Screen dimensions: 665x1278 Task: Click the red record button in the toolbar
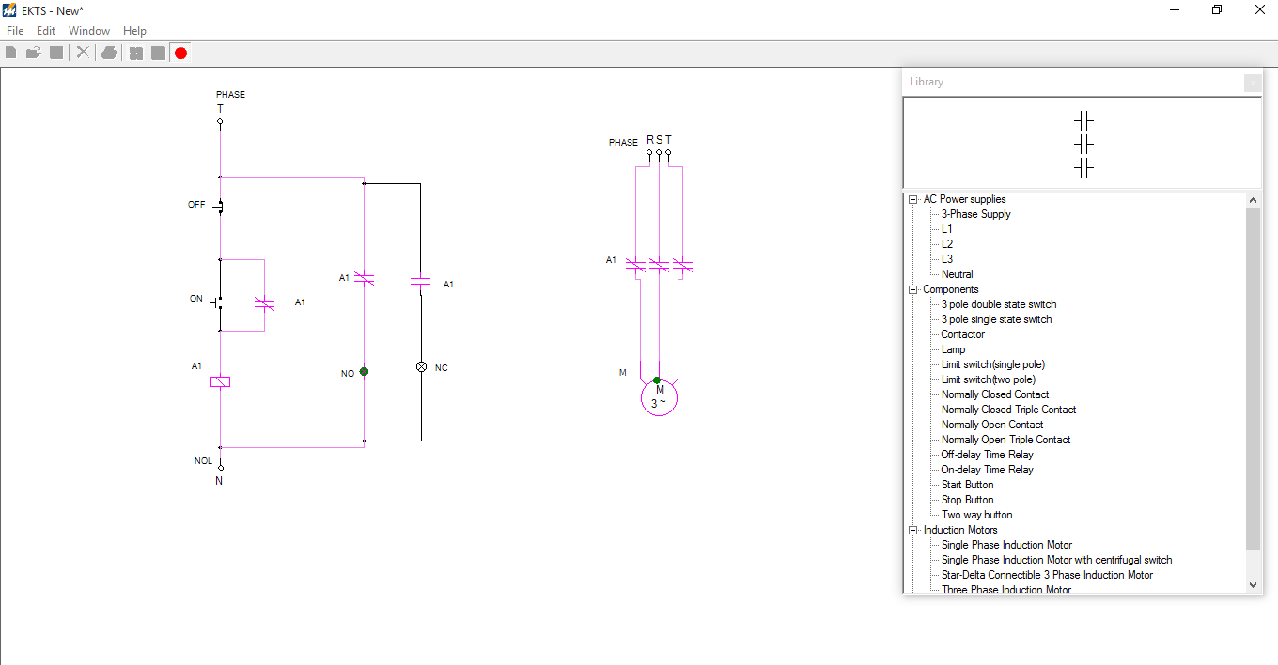180,53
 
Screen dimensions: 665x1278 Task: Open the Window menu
89,31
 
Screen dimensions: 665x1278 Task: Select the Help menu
134,31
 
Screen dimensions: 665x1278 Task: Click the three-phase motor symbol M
659,397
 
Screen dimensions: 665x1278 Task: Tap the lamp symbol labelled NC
421,367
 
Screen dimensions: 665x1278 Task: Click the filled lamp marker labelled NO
364,372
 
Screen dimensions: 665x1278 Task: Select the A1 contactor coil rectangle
220,381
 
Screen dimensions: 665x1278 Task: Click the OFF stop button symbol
219,206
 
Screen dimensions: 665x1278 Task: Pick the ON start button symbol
218,302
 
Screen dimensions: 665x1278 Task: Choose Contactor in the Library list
963,334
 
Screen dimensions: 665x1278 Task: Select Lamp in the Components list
953,349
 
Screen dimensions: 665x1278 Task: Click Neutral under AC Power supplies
957,274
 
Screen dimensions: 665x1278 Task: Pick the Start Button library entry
967,485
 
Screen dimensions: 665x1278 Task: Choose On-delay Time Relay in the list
987,470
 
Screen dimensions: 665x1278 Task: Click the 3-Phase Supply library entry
975,214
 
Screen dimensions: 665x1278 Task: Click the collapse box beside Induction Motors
912,530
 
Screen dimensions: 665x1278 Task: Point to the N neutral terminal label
219,480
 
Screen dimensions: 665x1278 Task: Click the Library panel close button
1252,83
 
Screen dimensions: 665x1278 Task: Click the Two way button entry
976,515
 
